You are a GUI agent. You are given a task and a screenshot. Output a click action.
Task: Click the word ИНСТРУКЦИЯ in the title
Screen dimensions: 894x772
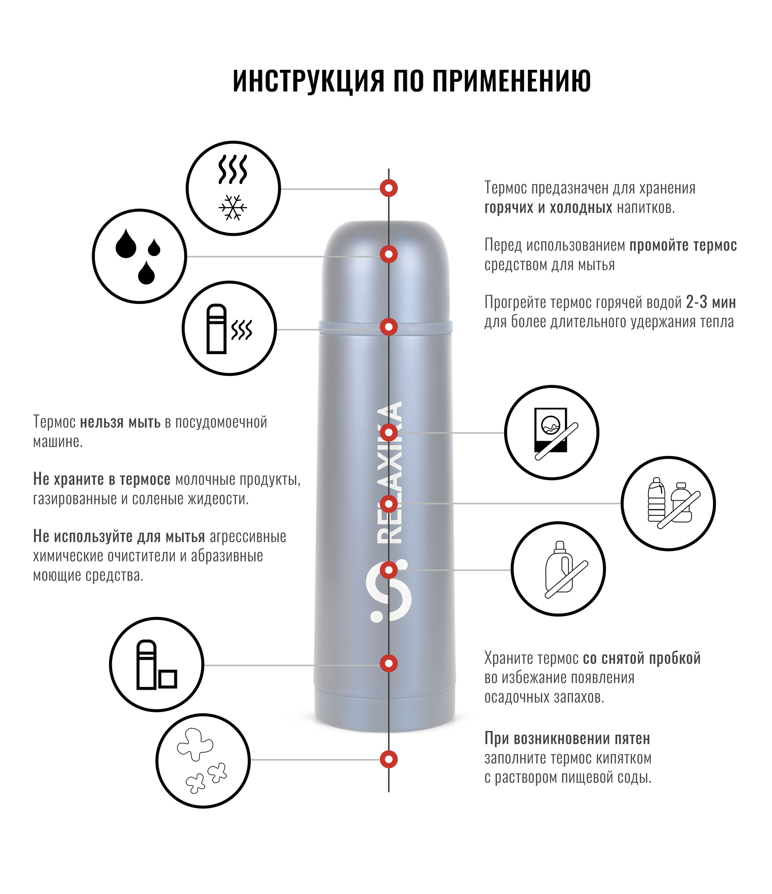coord(308,81)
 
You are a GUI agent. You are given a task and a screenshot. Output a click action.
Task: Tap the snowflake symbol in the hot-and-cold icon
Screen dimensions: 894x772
coord(233,207)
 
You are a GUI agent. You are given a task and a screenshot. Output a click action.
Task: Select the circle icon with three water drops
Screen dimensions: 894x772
coord(139,256)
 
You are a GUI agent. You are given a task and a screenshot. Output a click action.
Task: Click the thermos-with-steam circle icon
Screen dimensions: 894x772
coord(229,329)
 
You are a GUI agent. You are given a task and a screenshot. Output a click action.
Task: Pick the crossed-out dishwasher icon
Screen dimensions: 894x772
coord(552,432)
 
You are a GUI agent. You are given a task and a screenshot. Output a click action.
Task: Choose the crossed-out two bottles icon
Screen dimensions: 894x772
coord(668,503)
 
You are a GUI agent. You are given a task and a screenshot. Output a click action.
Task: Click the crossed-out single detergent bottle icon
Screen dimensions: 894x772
coord(558,569)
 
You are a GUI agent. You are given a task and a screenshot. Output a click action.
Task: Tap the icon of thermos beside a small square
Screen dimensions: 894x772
coord(156,665)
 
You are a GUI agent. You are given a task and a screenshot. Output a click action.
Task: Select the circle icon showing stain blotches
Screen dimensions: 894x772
coord(203,761)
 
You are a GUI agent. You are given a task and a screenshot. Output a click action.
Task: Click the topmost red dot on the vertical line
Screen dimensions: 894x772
coord(388,188)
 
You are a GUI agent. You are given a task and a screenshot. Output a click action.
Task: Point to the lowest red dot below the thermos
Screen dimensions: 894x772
coord(388,759)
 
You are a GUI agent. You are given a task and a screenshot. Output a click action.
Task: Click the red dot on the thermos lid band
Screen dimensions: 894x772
coord(388,327)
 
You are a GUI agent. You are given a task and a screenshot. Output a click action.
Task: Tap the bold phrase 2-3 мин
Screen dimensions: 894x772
coord(711,303)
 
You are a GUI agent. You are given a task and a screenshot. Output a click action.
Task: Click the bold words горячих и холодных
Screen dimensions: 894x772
coord(548,208)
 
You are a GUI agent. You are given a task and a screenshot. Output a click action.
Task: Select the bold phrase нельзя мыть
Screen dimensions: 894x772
coord(120,422)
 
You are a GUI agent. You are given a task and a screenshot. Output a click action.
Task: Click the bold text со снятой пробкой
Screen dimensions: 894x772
coord(641,658)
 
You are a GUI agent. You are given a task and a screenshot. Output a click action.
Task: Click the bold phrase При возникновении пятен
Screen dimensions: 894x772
coord(567,739)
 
